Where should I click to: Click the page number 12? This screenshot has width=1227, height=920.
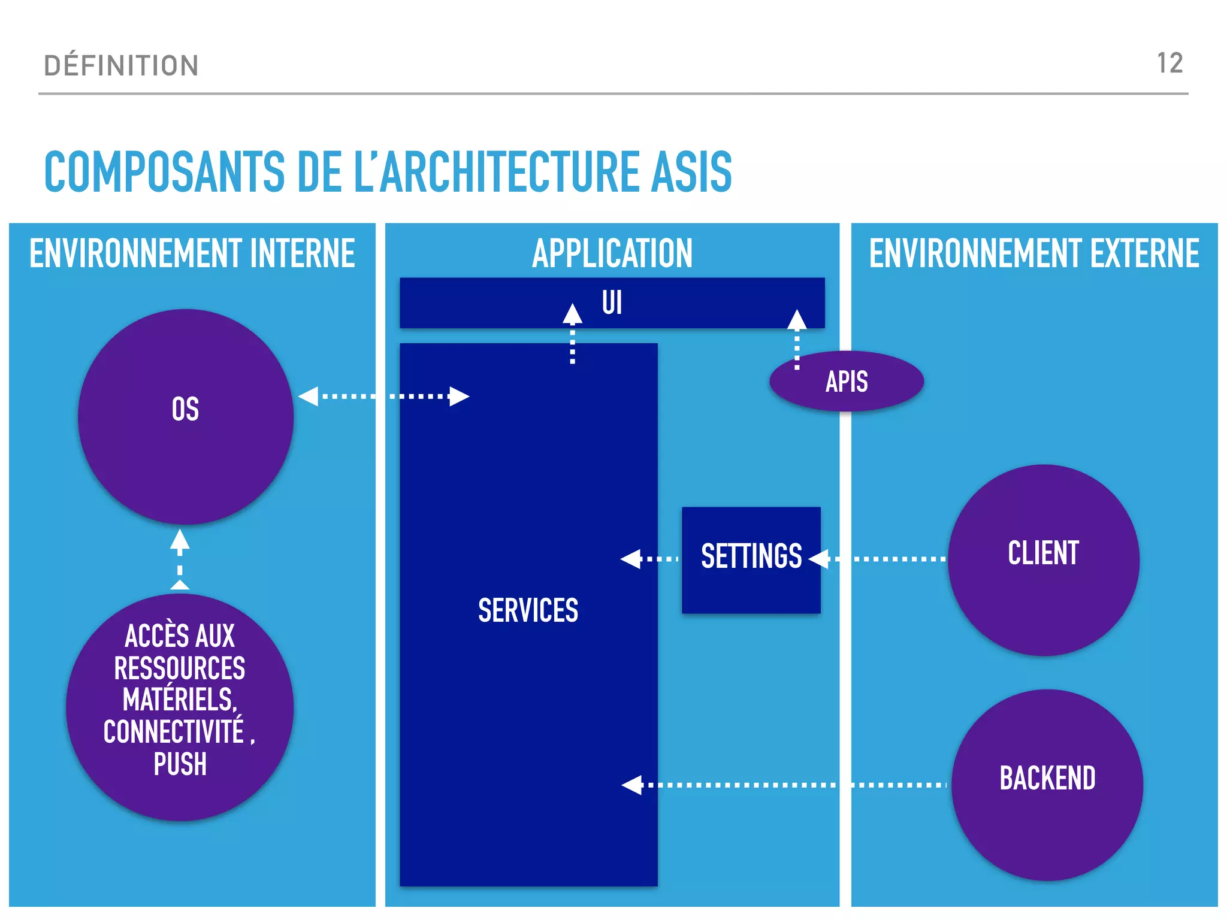(x=1169, y=63)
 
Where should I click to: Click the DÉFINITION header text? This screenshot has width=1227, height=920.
(x=121, y=65)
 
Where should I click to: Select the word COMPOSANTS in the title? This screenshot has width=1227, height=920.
(x=164, y=172)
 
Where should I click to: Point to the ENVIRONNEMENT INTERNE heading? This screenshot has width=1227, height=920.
(x=192, y=253)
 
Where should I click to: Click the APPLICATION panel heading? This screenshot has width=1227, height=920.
(x=612, y=253)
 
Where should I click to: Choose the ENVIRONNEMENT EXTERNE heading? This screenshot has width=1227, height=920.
(x=1034, y=253)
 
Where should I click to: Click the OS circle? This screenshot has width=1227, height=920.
(x=186, y=416)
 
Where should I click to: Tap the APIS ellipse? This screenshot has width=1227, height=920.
(x=847, y=382)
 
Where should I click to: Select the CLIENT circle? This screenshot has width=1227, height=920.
(x=1044, y=559)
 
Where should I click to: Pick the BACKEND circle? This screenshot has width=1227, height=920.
(x=1047, y=785)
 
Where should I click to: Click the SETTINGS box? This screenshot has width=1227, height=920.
(x=751, y=559)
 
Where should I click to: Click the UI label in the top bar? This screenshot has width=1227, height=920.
(x=612, y=302)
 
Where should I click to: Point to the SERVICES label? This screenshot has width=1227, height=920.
(x=528, y=611)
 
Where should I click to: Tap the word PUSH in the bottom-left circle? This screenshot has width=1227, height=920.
(x=180, y=765)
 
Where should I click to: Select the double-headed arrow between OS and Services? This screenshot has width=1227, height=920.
(x=383, y=396)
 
